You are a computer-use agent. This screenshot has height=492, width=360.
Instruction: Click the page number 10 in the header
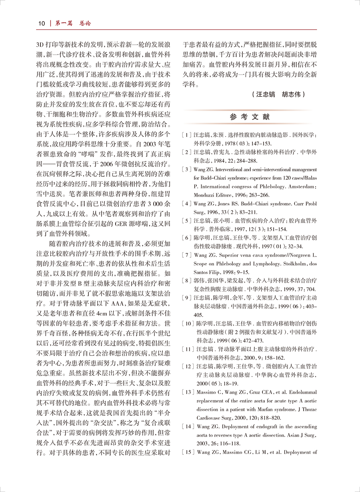click(42, 23)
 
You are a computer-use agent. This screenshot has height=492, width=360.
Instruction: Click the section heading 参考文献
click(250, 117)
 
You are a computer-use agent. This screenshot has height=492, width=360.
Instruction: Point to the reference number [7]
click(186, 255)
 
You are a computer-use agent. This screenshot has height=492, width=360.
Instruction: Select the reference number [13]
click(187, 392)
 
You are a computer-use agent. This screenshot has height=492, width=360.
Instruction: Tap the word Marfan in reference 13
click(263, 410)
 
